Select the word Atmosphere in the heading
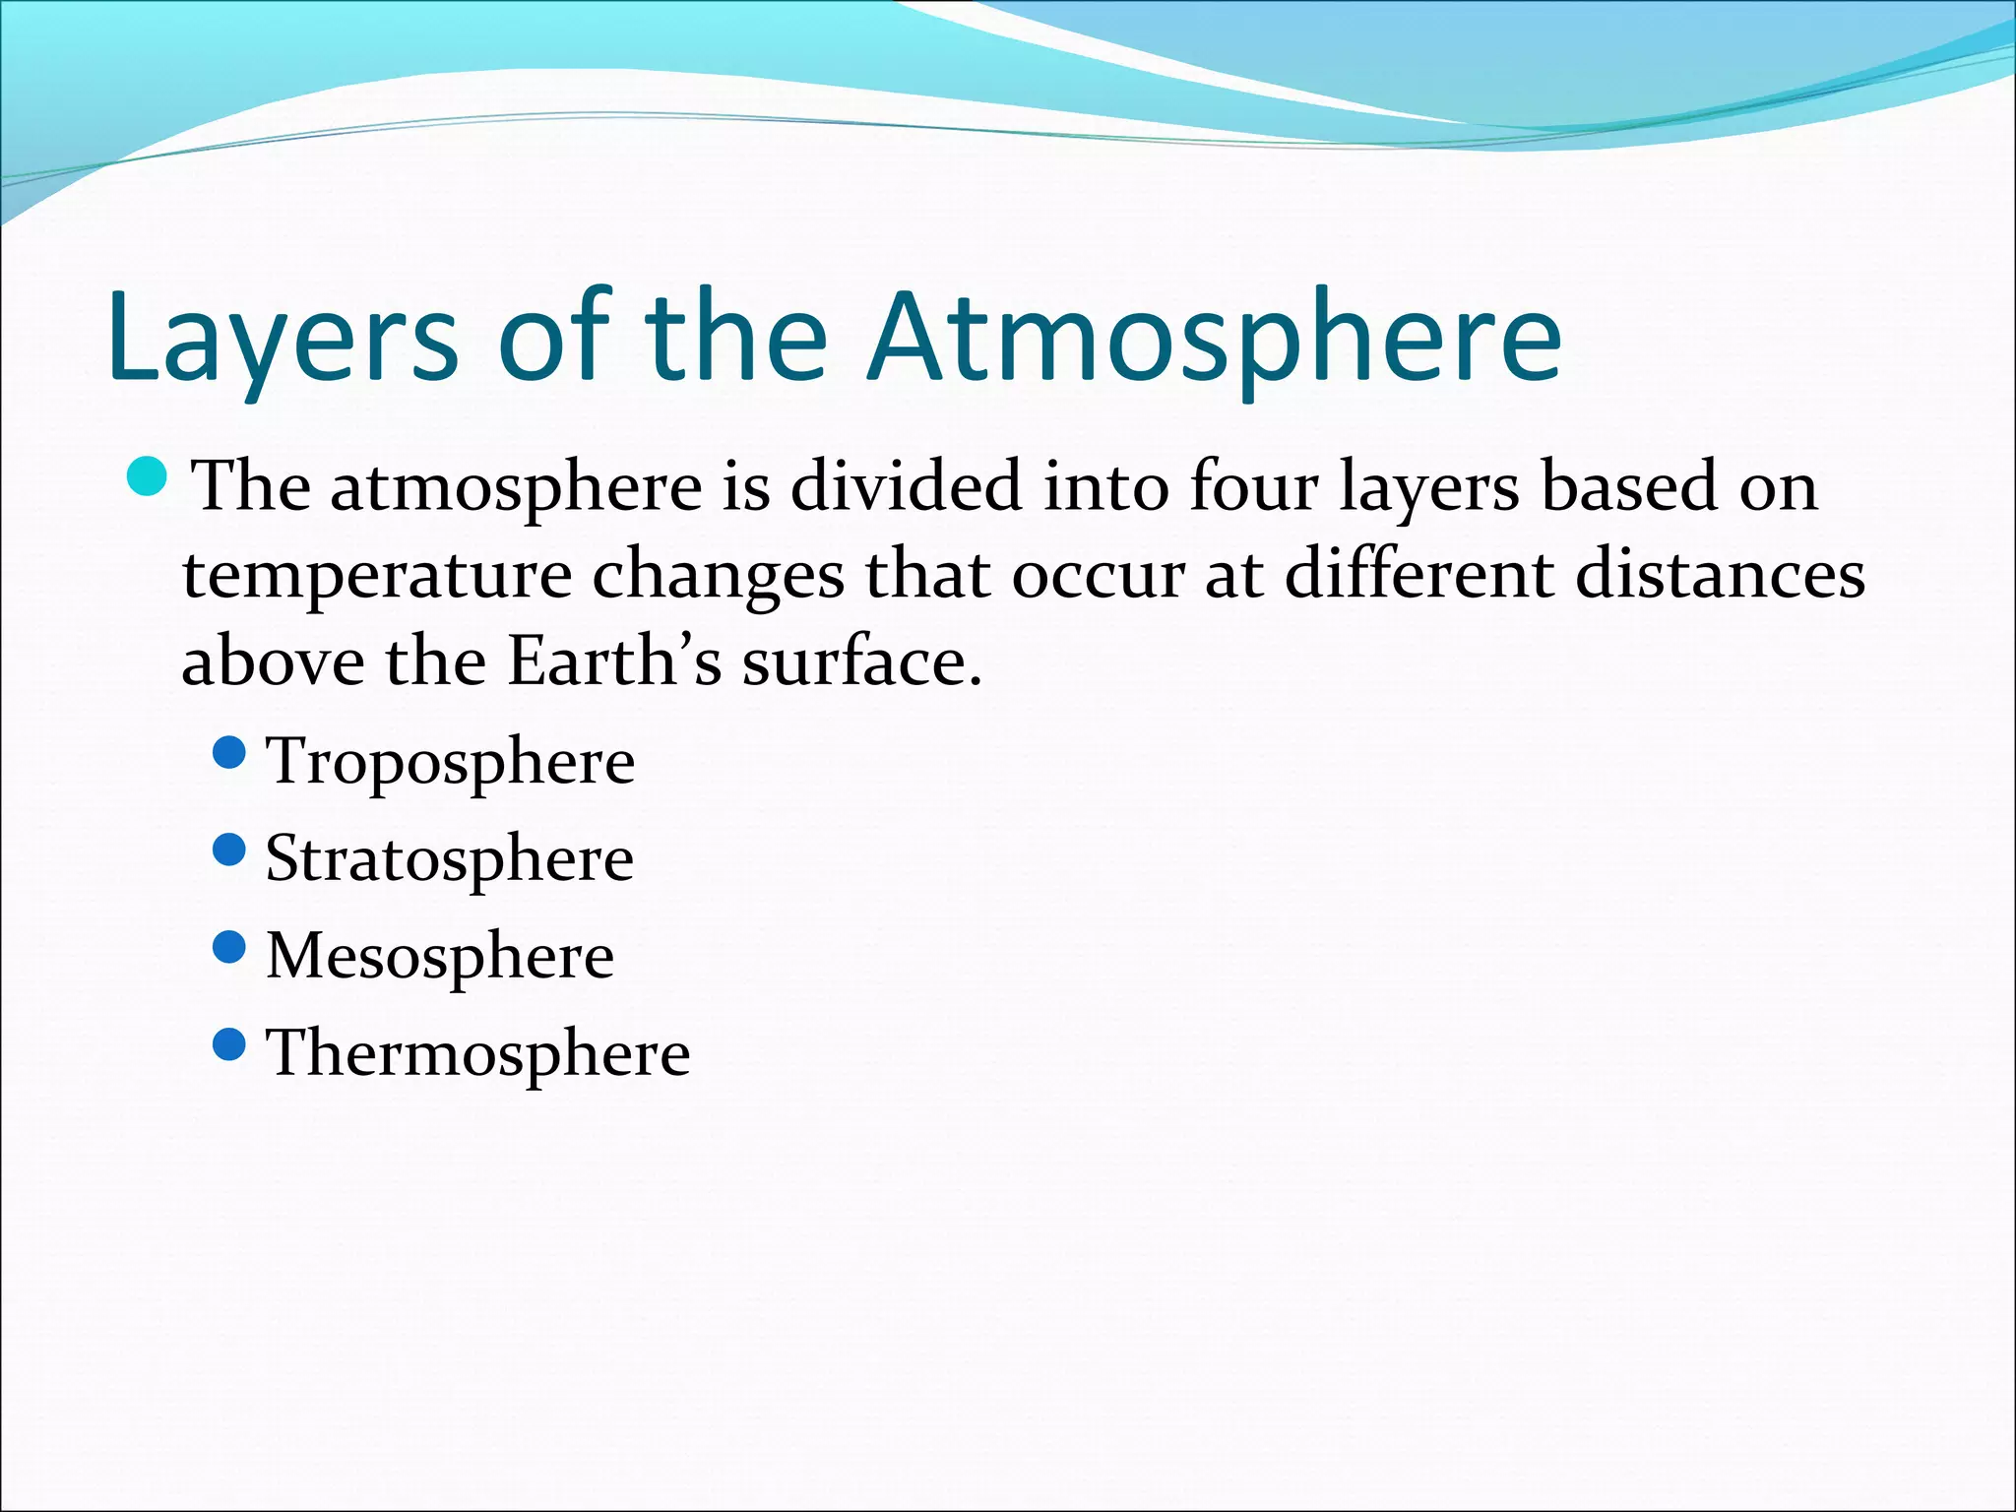click(1213, 338)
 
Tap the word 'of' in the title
click(554, 338)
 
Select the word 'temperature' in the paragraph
click(377, 576)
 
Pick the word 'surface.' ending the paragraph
click(862, 661)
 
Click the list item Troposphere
click(450, 763)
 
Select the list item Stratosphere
click(449, 859)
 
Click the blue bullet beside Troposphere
click(228, 754)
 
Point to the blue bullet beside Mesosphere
click(228, 948)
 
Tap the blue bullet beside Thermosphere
click(228, 1044)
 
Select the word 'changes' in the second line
click(718, 576)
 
